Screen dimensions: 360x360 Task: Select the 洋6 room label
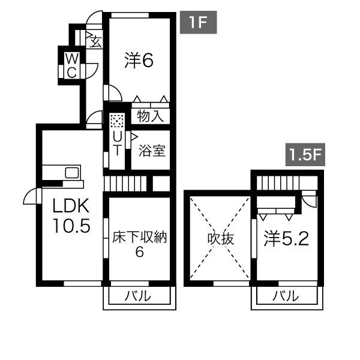click(140, 61)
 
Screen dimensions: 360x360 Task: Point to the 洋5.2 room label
click(287, 239)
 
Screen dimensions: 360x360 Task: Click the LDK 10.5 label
click(70, 217)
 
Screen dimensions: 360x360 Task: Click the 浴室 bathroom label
click(152, 149)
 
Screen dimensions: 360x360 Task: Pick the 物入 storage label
click(150, 116)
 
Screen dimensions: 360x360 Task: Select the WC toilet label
click(71, 65)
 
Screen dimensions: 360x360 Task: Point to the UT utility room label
click(117, 143)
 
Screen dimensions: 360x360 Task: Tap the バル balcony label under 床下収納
click(139, 296)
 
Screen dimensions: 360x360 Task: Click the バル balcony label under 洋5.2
click(287, 296)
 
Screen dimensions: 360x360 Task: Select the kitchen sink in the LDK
click(71, 173)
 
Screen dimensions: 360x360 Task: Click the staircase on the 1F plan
click(125, 183)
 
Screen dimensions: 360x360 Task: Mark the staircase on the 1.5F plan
click(279, 182)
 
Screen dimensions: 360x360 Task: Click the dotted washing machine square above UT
click(117, 121)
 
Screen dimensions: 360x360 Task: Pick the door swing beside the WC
click(90, 69)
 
